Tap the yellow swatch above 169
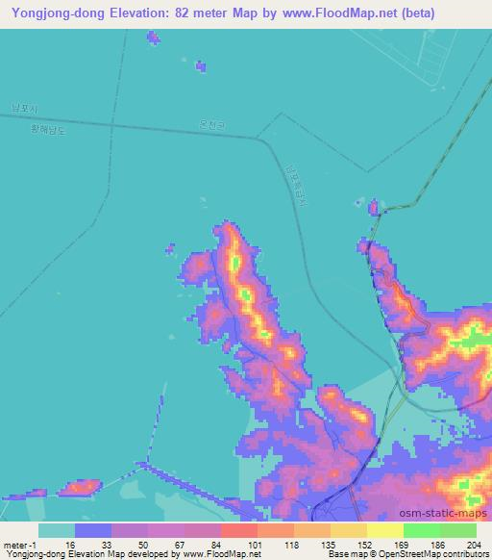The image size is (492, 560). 384,530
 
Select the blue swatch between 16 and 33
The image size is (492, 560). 93,530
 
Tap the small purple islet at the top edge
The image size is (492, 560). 153,38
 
